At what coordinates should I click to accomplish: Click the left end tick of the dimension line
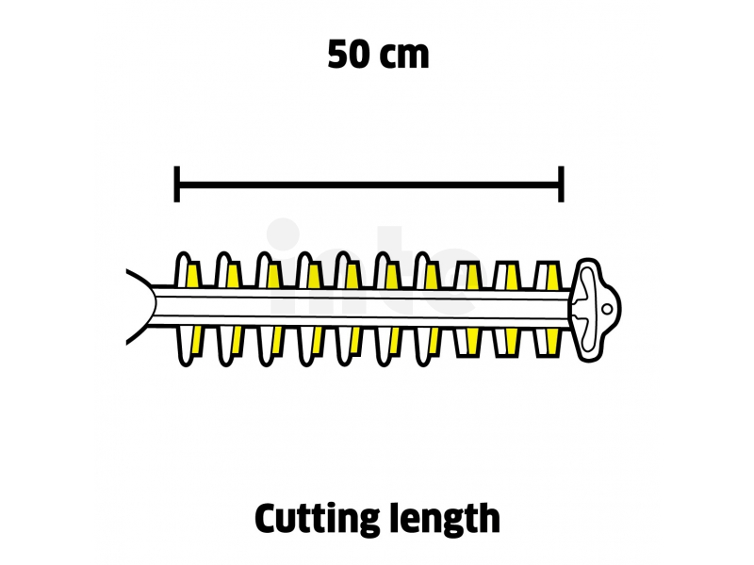177,184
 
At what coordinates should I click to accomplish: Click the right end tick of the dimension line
562,184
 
